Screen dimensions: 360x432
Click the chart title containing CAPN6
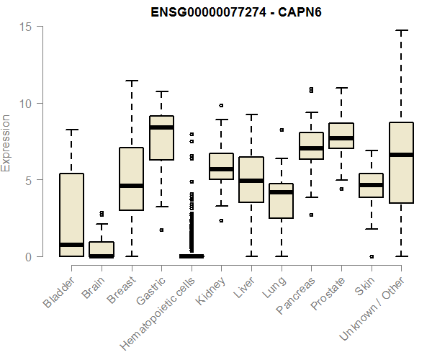pos(228,12)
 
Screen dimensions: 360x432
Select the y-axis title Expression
pos(6,143)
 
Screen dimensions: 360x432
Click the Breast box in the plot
pos(131,179)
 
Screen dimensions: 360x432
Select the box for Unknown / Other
pos(401,163)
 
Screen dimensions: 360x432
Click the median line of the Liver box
pos(251,181)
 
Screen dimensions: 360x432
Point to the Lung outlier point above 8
pos(282,130)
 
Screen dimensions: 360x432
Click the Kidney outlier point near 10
pos(221,106)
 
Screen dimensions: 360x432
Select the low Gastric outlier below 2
pos(161,230)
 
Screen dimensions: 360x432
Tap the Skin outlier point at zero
pos(372,256)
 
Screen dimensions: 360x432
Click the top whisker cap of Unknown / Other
pos(401,31)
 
